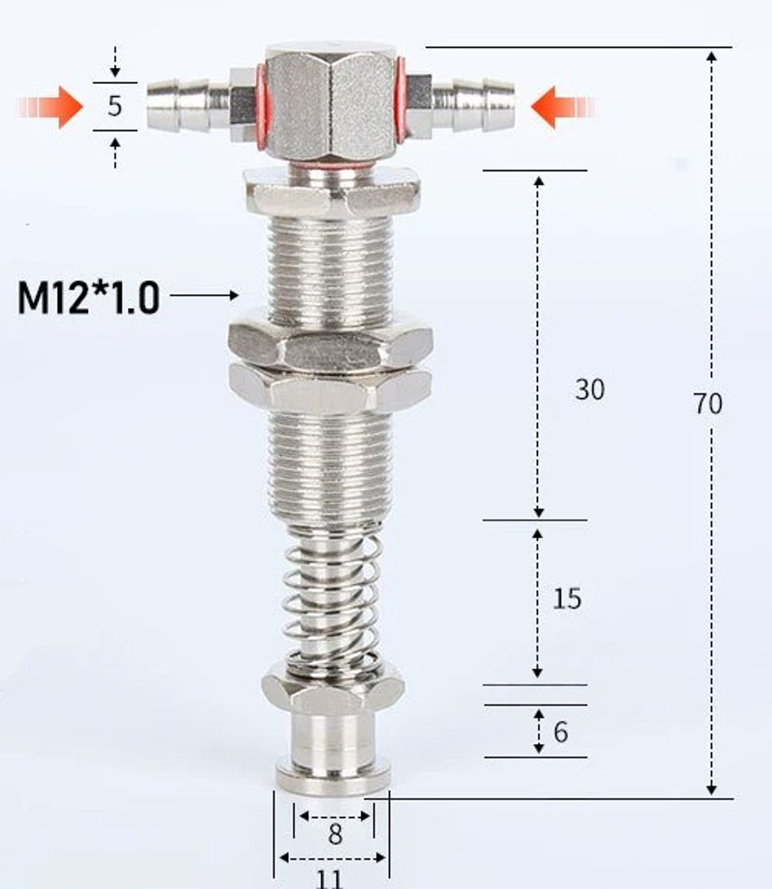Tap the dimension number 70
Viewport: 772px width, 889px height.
point(708,404)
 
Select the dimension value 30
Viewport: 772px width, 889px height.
point(590,390)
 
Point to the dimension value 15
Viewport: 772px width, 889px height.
point(567,599)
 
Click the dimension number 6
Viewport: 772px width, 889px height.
point(560,732)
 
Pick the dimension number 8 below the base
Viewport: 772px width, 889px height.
point(335,834)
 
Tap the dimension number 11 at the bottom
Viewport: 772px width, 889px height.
point(330,879)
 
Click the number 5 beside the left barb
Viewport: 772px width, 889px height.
point(114,106)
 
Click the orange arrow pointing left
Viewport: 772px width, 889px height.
point(564,106)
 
